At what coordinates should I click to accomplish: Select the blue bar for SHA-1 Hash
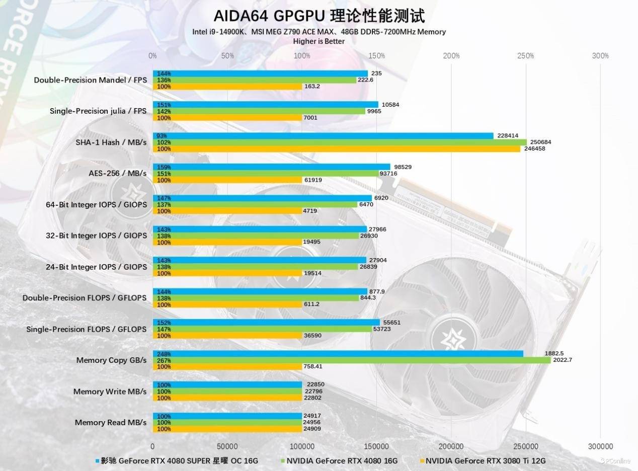click(322, 136)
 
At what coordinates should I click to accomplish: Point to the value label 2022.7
click(562, 360)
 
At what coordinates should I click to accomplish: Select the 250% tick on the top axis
click(525, 56)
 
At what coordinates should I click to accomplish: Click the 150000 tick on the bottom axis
click(376, 446)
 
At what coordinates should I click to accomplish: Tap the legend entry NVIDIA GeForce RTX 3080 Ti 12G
click(485, 460)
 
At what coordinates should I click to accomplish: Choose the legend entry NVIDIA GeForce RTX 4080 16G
click(342, 460)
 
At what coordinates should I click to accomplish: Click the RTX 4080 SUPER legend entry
click(179, 460)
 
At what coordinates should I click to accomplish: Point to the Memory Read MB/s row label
click(111, 423)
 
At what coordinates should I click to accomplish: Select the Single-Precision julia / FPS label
click(98, 111)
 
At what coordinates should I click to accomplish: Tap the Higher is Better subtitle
click(319, 41)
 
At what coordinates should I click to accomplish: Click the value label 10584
click(390, 105)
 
